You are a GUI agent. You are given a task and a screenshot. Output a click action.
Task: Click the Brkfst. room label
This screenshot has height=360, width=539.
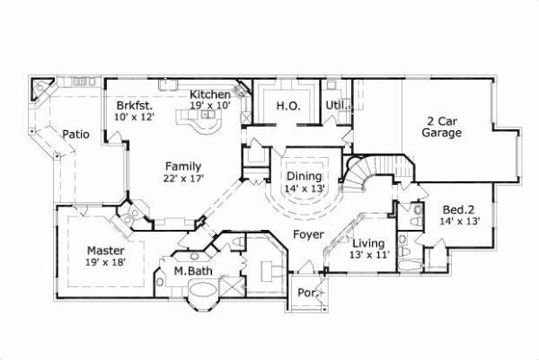click(x=132, y=104)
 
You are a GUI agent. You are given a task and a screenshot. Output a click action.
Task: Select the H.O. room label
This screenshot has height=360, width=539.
click(x=287, y=106)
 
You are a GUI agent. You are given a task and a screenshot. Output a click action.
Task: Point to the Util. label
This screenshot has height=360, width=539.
click(x=335, y=105)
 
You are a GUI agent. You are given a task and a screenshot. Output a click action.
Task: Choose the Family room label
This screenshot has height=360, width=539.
click(x=182, y=166)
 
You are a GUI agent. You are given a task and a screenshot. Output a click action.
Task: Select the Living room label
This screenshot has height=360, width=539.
click(x=368, y=243)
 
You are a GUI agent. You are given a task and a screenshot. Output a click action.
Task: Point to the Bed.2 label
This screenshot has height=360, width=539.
click(x=459, y=208)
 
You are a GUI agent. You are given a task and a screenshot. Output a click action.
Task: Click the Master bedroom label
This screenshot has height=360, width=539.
click(x=105, y=250)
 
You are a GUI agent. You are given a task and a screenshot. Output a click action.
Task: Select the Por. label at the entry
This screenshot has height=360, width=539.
click(x=306, y=293)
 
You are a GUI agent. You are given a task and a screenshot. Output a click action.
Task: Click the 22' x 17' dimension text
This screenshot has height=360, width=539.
click(x=183, y=178)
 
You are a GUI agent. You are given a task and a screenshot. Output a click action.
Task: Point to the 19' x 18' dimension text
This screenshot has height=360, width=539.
click(x=106, y=261)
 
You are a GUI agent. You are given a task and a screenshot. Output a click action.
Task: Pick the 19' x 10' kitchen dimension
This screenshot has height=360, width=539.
click(x=209, y=105)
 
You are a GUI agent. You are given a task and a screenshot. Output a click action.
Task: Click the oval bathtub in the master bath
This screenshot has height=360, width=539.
click(x=207, y=292)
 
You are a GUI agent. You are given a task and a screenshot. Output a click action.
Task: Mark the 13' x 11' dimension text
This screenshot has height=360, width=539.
click(x=368, y=255)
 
